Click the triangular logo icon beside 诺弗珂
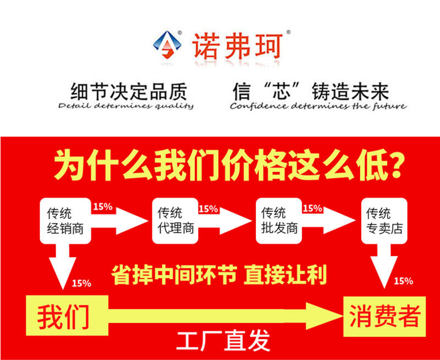click(x=166, y=43)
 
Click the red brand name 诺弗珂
click(x=237, y=44)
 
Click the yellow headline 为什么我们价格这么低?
click(x=230, y=165)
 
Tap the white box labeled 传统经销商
click(x=65, y=220)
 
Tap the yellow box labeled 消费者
click(x=384, y=317)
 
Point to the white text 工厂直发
click(x=223, y=341)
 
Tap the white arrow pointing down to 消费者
click(x=384, y=264)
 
